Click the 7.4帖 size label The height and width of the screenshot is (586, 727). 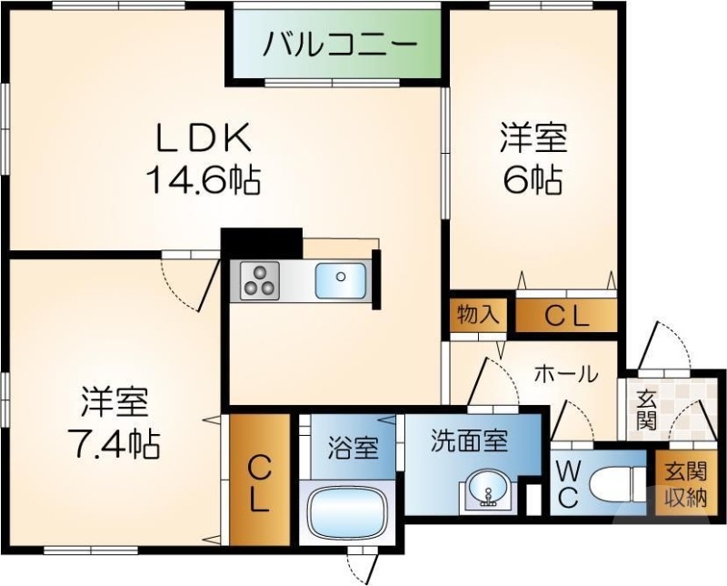point(115,443)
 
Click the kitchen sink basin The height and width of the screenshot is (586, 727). point(341,279)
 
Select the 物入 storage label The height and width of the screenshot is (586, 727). point(478,316)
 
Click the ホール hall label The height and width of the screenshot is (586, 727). point(565,374)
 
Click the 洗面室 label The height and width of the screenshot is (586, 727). point(469,442)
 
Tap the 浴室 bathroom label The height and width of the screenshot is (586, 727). point(353,448)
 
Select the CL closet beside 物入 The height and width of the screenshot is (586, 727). point(567,315)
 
